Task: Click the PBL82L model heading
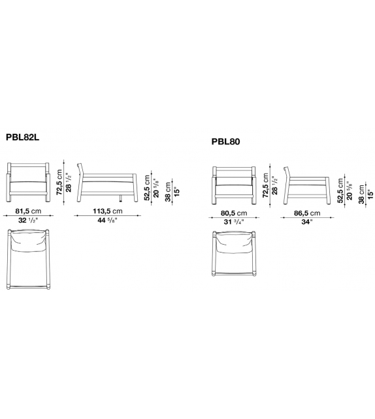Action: (23, 137)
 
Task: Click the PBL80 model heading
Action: (225, 142)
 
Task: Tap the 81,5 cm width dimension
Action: (28, 211)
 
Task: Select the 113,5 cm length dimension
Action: (108, 211)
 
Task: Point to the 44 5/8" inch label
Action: (107, 221)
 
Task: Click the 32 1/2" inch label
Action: (28, 221)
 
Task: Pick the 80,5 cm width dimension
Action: (234, 213)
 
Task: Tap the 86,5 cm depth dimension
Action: (307, 213)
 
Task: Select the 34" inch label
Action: (306, 222)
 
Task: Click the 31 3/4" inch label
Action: (234, 222)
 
